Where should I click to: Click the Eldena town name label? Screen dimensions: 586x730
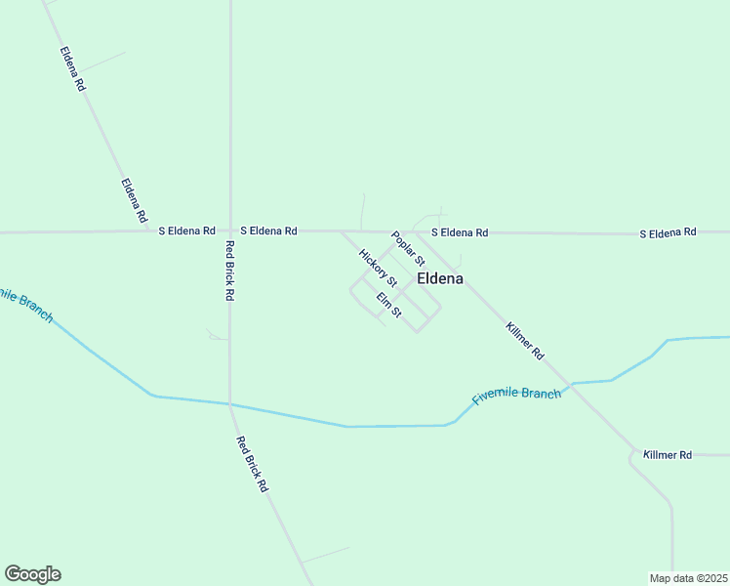[x=440, y=278]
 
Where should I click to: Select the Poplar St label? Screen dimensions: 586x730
[x=409, y=249]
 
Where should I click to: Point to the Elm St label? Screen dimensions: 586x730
[x=389, y=305]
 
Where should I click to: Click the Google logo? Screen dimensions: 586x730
[x=32, y=574]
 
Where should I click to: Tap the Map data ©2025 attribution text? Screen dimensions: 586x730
[x=688, y=578]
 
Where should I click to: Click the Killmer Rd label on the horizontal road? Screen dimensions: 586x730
[x=668, y=455]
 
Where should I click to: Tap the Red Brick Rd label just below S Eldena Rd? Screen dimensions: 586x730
[x=230, y=270]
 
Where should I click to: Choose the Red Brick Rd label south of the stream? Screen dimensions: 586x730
[x=252, y=463]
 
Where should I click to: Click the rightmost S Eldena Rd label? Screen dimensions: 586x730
[x=669, y=232]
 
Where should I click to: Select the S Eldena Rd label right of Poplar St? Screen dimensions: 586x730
[x=460, y=232]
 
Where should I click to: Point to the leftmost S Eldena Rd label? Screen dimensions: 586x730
[x=187, y=231]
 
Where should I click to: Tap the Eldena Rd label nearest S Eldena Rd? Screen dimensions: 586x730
[x=134, y=199]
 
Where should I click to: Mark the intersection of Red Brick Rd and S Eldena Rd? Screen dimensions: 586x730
[x=230, y=231]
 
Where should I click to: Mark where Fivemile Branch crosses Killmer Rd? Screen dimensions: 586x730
[x=572, y=384]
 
